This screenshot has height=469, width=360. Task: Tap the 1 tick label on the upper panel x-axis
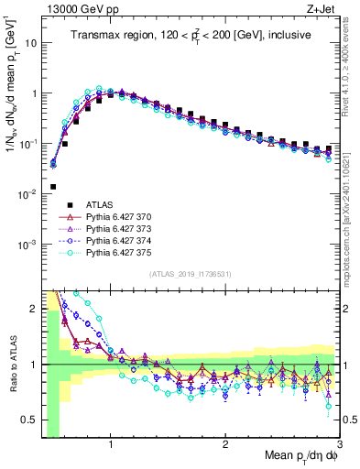tap(111, 295)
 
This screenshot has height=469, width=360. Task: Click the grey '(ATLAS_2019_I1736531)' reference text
tap(190, 275)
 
